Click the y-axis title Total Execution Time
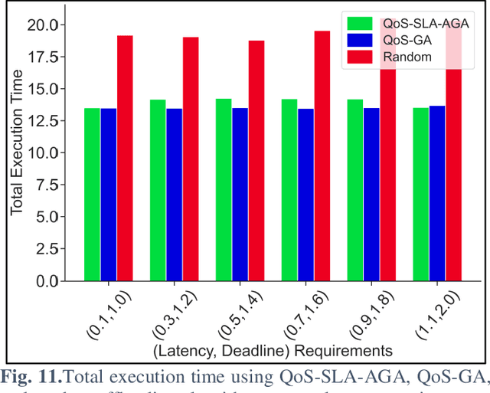point(16,151)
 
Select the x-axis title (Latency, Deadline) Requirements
point(273,350)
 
